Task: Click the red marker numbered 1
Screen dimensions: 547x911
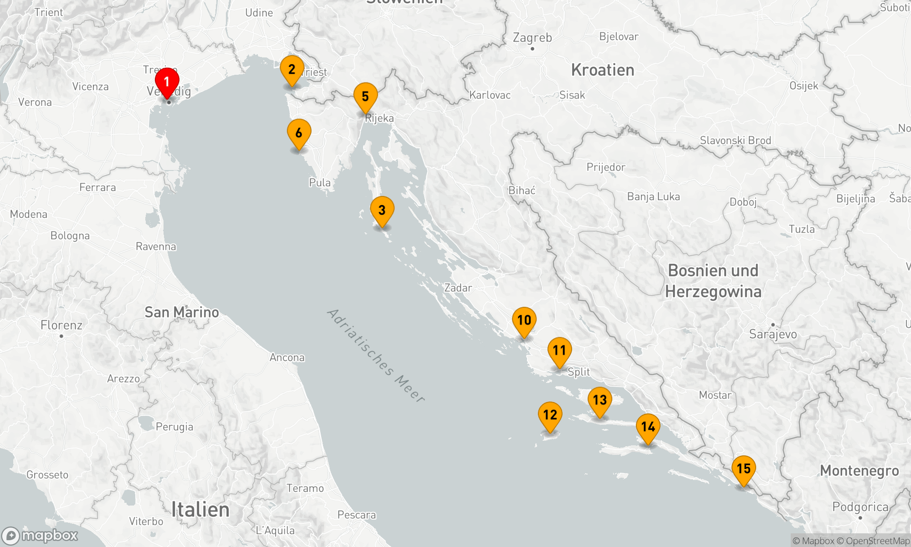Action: [x=167, y=83]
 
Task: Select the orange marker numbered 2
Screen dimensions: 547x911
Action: [x=292, y=70]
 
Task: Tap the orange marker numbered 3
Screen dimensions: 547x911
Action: [x=382, y=211]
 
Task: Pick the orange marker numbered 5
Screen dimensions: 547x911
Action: [x=365, y=97]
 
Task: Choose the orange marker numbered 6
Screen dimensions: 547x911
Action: [x=299, y=134]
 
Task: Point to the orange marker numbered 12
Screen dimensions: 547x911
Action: [x=550, y=415]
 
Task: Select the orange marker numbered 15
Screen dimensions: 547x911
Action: [x=744, y=469]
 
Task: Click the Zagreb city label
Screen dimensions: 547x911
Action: [x=532, y=37]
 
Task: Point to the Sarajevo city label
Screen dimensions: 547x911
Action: [x=773, y=334]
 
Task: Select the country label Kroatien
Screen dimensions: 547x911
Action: [x=603, y=70]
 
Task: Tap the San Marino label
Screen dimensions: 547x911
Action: [x=182, y=312]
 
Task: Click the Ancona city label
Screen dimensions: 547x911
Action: [x=287, y=357]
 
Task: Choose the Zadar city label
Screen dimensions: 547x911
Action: [x=458, y=288]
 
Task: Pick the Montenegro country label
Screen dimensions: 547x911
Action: [x=860, y=471]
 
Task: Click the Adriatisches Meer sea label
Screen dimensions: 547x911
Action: [x=376, y=356]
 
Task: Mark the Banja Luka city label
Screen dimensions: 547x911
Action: [x=653, y=196]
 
